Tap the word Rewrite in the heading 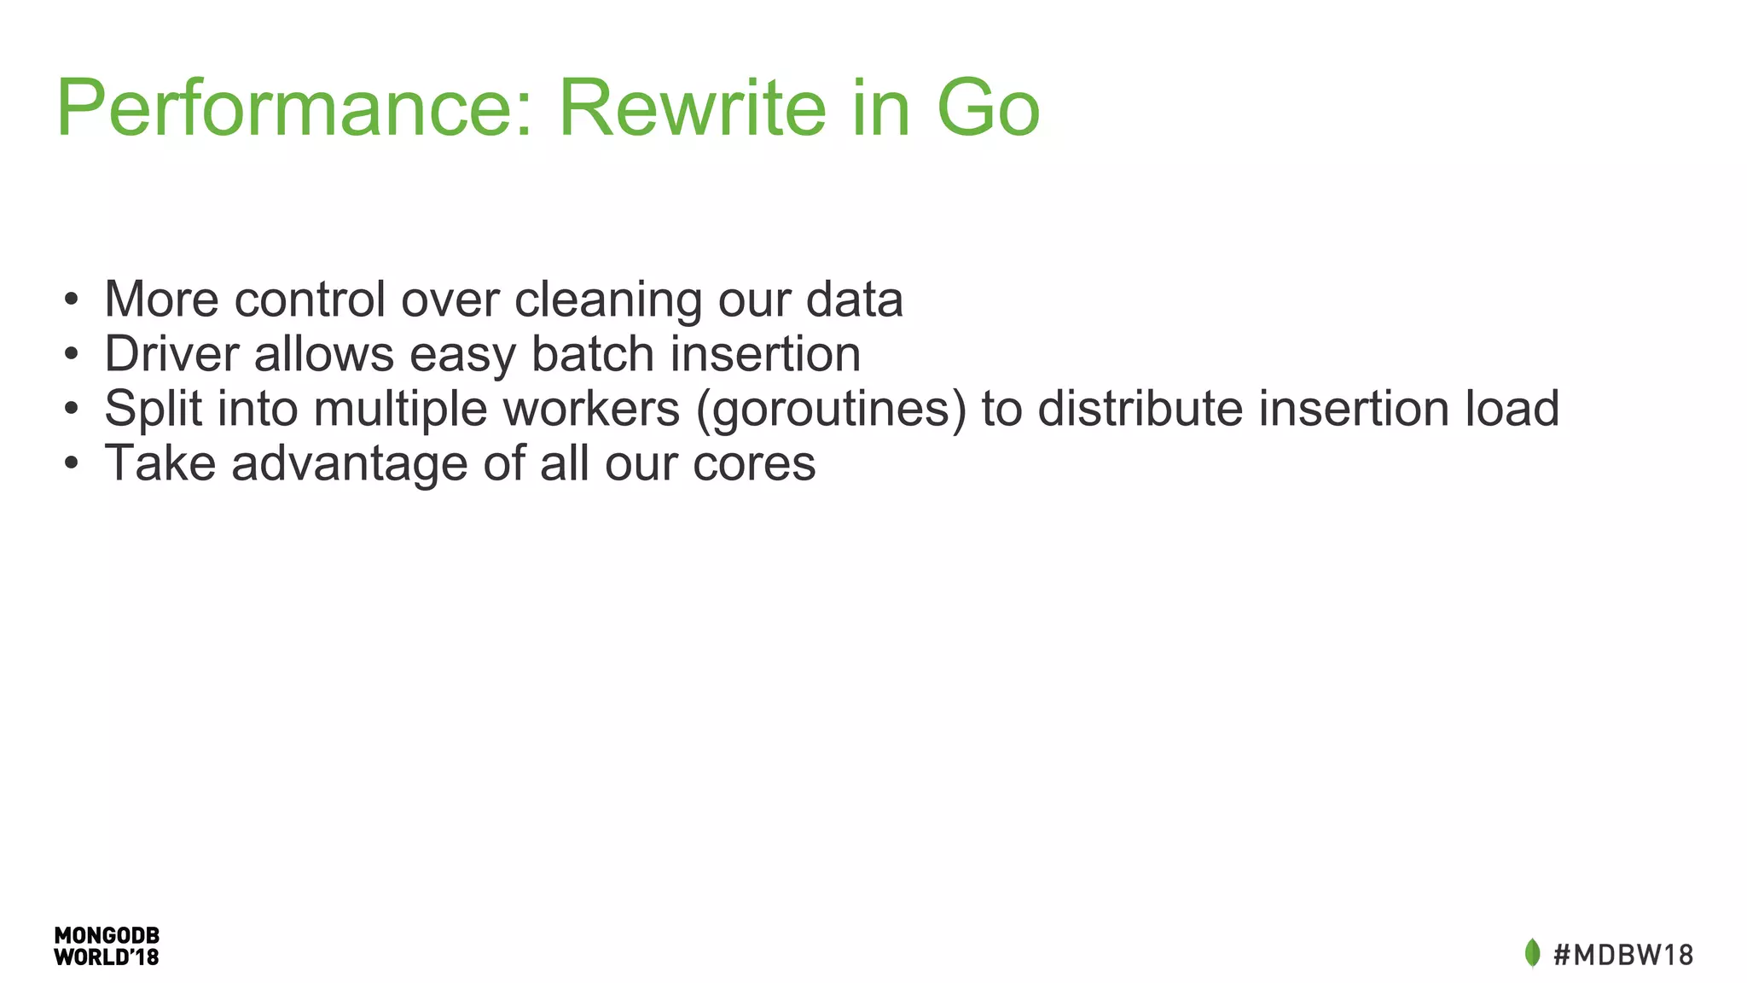(692, 109)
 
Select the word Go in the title (988, 109)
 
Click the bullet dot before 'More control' (72, 300)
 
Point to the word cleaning (607, 300)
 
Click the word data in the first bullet (854, 300)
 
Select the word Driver (171, 354)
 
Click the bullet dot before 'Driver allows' (72, 355)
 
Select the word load (1512, 409)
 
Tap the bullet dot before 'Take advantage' (72, 464)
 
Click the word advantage (350, 465)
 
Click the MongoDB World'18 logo (107, 946)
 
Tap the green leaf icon (1532, 953)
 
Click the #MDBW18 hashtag (1623, 954)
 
